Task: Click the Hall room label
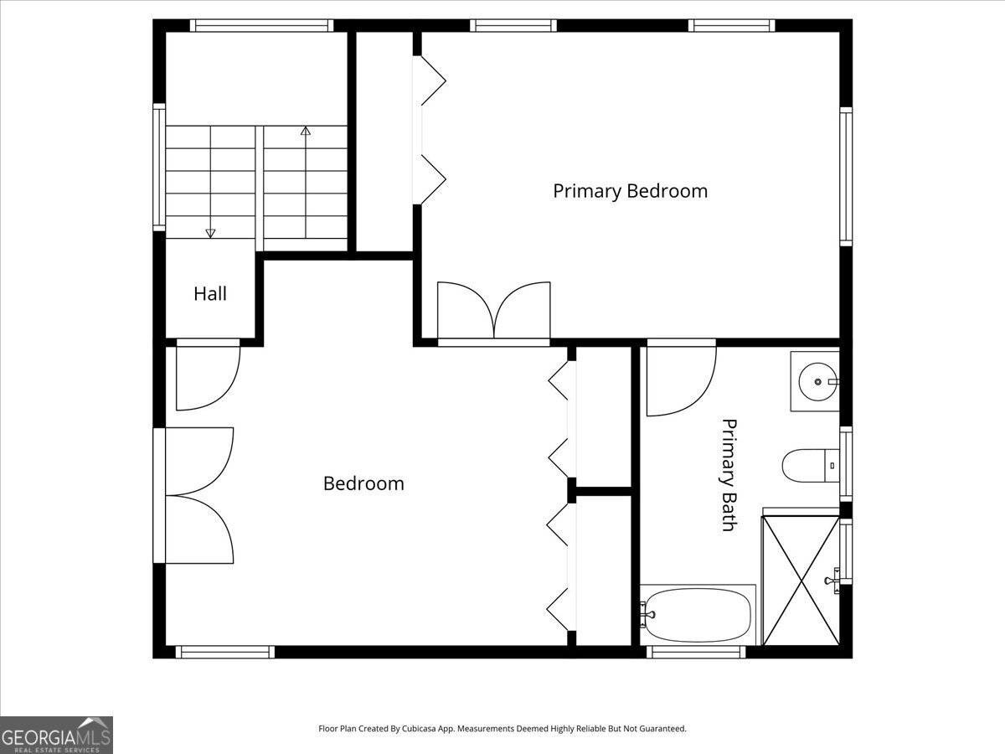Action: (x=210, y=294)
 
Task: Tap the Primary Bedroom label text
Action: (x=630, y=191)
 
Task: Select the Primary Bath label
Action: (x=729, y=475)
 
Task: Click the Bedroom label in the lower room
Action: (x=363, y=483)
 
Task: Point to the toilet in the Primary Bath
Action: (x=811, y=466)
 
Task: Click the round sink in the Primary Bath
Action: (x=817, y=381)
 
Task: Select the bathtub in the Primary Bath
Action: (x=698, y=615)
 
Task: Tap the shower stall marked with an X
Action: (x=801, y=581)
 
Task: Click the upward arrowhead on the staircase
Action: (x=306, y=131)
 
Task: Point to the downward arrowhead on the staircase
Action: (x=210, y=234)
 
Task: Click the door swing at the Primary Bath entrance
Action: (x=681, y=381)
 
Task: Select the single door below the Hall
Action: (x=209, y=378)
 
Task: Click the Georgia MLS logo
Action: (x=56, y=735)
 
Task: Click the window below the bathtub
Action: (x=696, y=652)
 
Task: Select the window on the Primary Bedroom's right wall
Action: (x=846, y=177)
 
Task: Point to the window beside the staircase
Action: (x=159, y=168)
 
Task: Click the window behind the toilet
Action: (x=846, y=464)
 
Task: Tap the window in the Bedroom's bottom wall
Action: (x=225, y=652)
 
